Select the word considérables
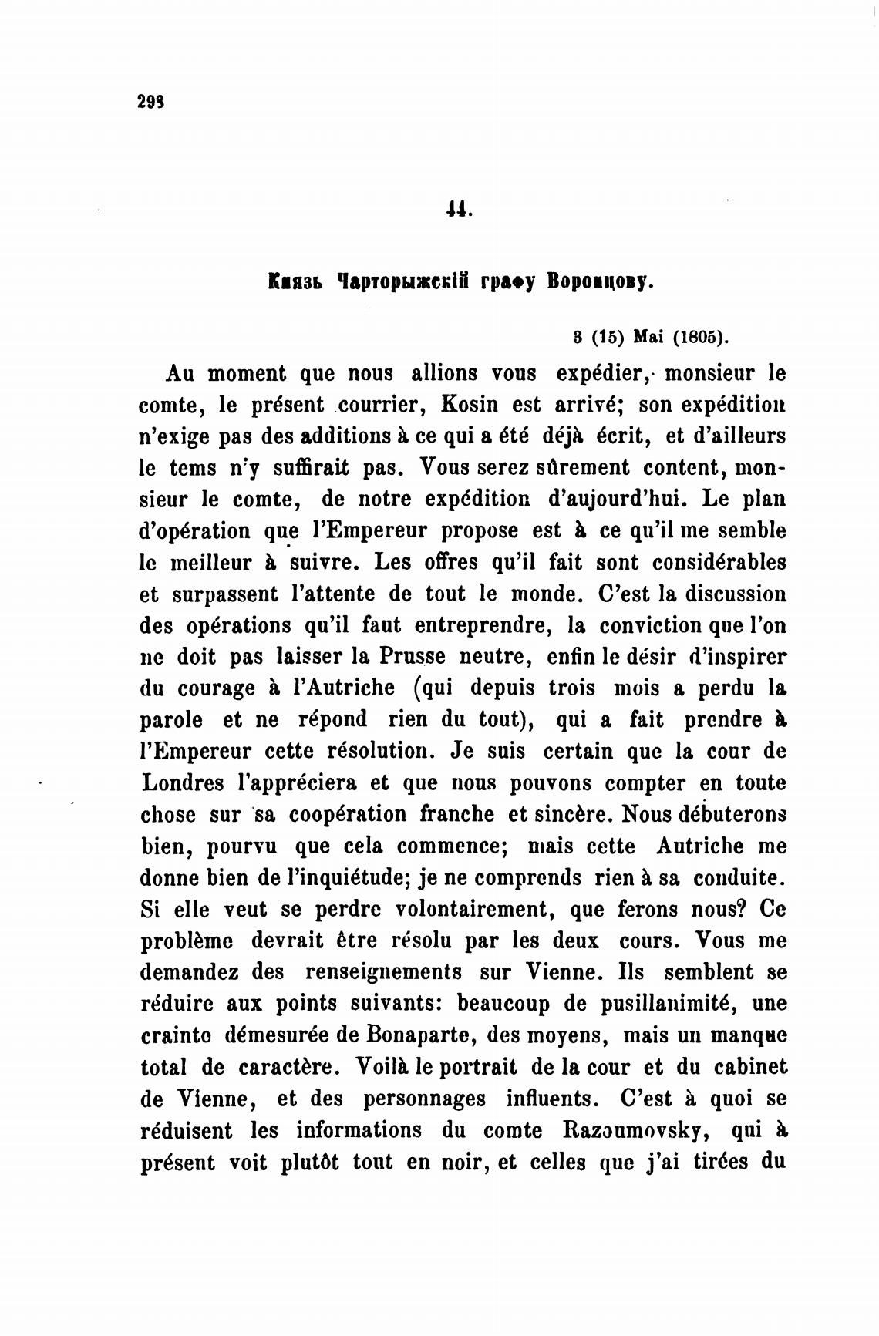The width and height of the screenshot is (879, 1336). coord(719,563)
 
